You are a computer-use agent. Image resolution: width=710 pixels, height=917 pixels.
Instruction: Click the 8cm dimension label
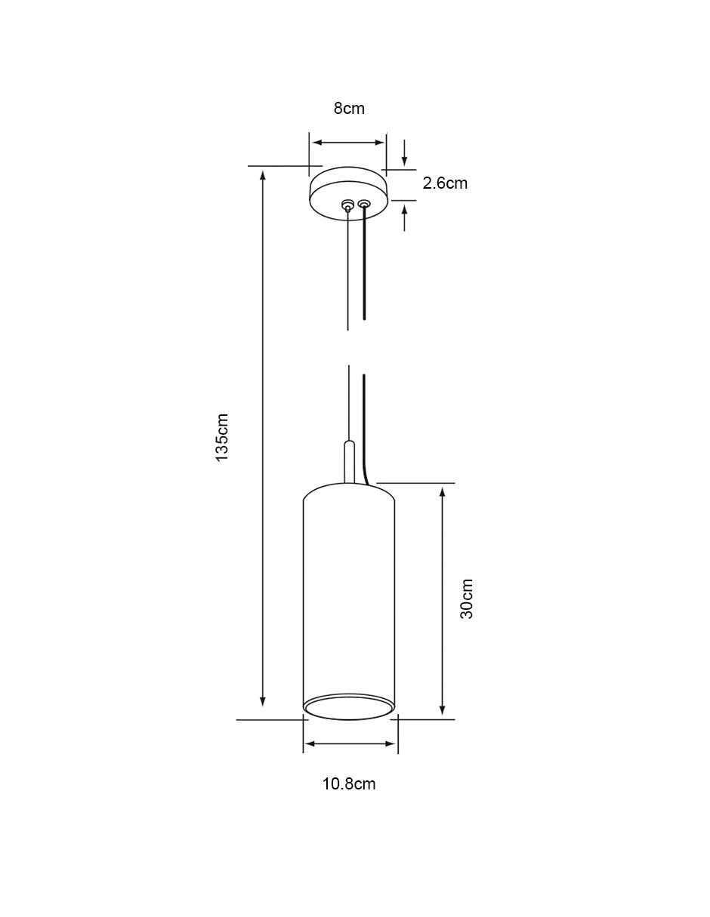349,109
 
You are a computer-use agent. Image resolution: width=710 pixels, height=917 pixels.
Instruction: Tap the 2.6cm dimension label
445,183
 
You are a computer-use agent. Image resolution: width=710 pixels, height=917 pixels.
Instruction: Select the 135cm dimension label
222,438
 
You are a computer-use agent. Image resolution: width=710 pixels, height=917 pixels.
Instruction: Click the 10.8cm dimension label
349,783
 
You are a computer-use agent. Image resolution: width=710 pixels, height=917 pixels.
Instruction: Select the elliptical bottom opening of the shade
349,706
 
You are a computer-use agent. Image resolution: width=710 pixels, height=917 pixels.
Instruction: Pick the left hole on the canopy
347,205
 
